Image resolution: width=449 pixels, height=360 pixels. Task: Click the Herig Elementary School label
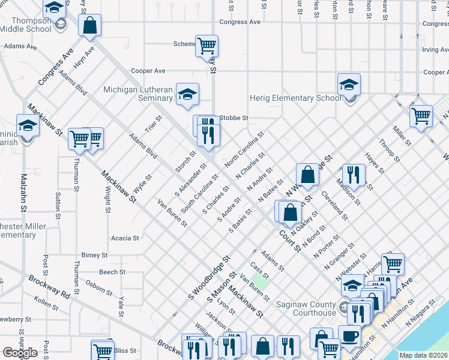295,98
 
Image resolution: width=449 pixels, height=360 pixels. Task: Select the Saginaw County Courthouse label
306,308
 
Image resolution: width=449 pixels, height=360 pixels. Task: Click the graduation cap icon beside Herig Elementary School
349,85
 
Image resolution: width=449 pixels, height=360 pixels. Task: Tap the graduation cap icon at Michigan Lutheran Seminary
187,93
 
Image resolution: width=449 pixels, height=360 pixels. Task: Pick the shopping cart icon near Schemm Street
206,45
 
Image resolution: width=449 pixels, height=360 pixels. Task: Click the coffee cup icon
349,335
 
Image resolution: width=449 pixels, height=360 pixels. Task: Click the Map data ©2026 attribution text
423,355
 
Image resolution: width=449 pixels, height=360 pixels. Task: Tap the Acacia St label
125,238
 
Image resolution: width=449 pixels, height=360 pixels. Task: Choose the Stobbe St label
234,118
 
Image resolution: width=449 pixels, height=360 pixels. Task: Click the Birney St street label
94,255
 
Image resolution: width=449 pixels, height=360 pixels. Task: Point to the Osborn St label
98,287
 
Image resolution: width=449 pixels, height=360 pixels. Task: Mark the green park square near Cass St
260,280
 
